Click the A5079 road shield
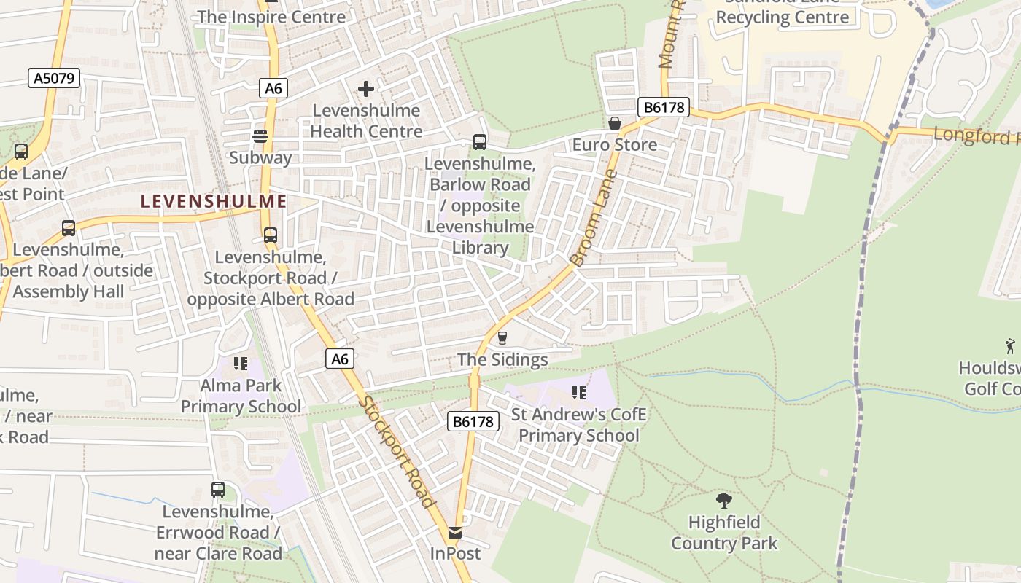point(54,78)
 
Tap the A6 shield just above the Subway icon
point(273,88)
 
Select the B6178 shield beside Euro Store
point(663,108)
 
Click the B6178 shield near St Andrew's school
point(473,421)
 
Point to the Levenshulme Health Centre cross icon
point(366,89)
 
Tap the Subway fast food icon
point(260,136)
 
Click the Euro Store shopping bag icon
point(615,123)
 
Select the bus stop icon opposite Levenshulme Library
point(480,142)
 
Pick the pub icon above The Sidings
point(502,338)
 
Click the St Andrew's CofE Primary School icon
point(579,394)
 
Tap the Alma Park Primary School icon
point(240,364)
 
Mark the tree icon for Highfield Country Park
point(724,501)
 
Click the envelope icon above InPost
point(455,533)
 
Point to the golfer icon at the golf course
point(1010,345)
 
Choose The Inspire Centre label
point(271,16)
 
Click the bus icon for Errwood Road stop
point(218,490)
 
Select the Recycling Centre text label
point(783,17)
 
